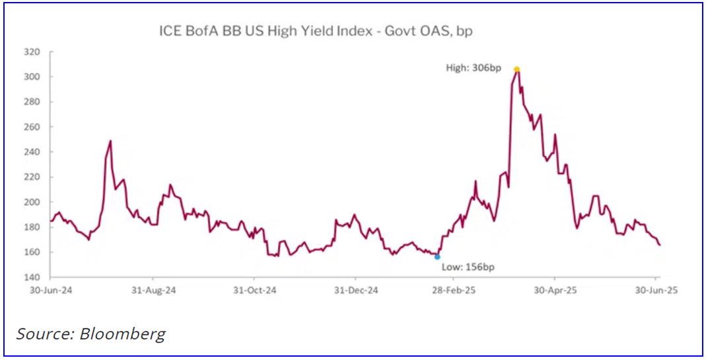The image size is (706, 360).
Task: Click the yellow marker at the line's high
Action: click(517, 69)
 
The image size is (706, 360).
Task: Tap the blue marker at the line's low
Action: click(437, 256)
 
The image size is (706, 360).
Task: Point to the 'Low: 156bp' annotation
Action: click(466, 267)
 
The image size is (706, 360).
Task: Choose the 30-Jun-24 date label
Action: click(51, 290)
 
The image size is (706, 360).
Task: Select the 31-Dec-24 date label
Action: click(356, 290)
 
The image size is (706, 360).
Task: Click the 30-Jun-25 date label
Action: click(656, 290)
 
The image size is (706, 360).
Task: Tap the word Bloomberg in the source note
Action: click(122, 334)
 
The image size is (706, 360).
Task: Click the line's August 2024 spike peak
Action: click(110, 141)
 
